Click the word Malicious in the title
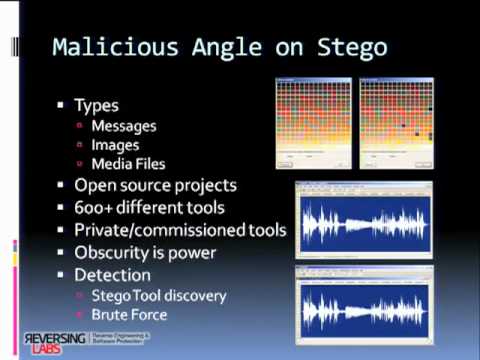point(109,46)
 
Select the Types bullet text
point(96,105)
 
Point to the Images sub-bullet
point(115,145)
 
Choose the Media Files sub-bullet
point(129,164)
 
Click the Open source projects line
point(154,185)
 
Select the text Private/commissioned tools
point(180,230)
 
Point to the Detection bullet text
point(112,274)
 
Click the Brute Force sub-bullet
point(130,314)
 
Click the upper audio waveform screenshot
point(362,220)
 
